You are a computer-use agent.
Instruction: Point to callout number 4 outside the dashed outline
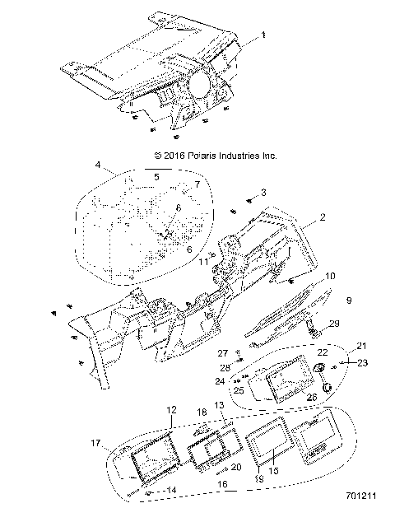coord(98,165)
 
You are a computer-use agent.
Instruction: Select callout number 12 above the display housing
coord(171,409)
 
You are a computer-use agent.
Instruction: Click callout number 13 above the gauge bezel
coord(219,406)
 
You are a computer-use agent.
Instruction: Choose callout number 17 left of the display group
coord(95,442)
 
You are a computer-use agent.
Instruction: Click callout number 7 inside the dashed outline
coord(197,186)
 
